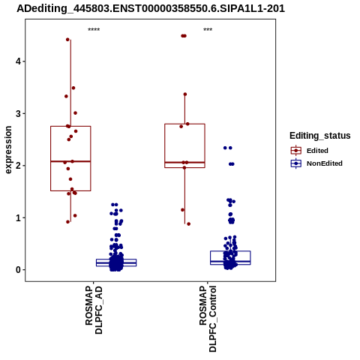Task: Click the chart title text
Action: [151, 9]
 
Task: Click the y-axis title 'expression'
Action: [8, 150]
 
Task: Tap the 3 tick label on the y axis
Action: [18, 113]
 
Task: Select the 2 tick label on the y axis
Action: [18, 166]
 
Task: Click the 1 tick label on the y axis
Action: [18, 217]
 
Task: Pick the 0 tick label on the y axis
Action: [18, 270]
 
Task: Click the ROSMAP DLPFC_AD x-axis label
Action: [94, 310]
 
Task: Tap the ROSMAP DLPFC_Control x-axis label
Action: [208, 319]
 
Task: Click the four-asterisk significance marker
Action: [94, 30]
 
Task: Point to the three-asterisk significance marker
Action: [208, 30]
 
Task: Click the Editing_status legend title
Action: [320, 136]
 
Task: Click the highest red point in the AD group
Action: [67, 40]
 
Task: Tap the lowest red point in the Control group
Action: [188, 224]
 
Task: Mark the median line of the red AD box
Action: [70, 161]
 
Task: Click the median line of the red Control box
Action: [184, 163]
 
